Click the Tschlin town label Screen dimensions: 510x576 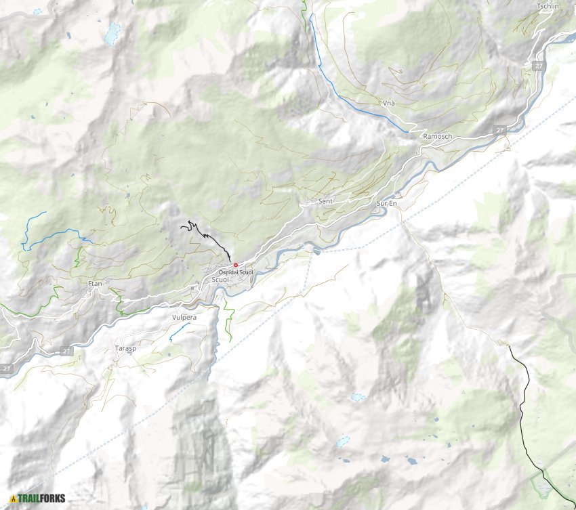pos(548,6)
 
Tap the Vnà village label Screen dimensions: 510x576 pos(388,103)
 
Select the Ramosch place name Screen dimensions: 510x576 pos(437,136)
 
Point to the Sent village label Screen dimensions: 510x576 pos(325,201)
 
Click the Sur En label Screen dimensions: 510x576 pos(386,203)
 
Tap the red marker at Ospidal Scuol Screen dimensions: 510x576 pos(236,265)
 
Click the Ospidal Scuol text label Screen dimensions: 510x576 pos(236,272)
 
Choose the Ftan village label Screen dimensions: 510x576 pos(95,283)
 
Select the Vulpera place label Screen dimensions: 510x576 pos(184,316)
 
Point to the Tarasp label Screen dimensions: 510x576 pos(125,348)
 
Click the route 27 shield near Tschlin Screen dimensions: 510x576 pos(538,66)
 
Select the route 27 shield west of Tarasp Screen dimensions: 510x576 pos(66,350)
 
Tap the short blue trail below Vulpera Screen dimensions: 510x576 pos(179,331)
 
